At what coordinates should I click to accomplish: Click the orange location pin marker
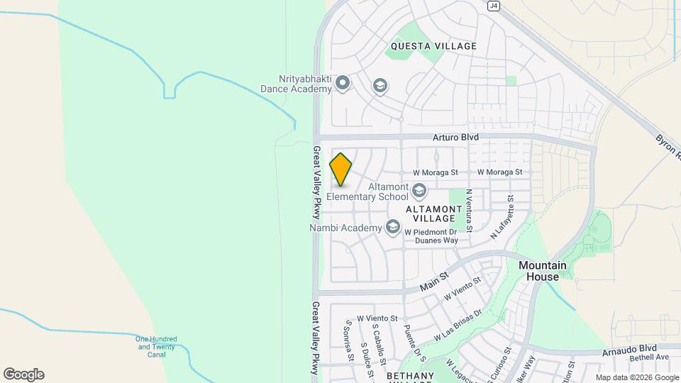point(341,170)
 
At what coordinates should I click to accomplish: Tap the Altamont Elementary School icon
point(419,190)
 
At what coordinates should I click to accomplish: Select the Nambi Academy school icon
point(392,227)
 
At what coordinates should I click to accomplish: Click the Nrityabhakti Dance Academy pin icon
point(343,84)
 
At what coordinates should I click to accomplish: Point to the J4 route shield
point(494,6)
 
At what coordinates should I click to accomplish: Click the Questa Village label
point(433,46)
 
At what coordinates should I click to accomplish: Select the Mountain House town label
point(543,271)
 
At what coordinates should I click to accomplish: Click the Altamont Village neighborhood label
point(433,214)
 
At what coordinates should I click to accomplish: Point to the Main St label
point(434,281)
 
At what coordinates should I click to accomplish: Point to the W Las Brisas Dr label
point(458,324)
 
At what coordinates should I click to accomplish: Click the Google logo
point(23,374)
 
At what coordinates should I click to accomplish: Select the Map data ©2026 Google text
point(636,377)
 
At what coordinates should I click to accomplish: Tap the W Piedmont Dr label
point(431,231)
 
